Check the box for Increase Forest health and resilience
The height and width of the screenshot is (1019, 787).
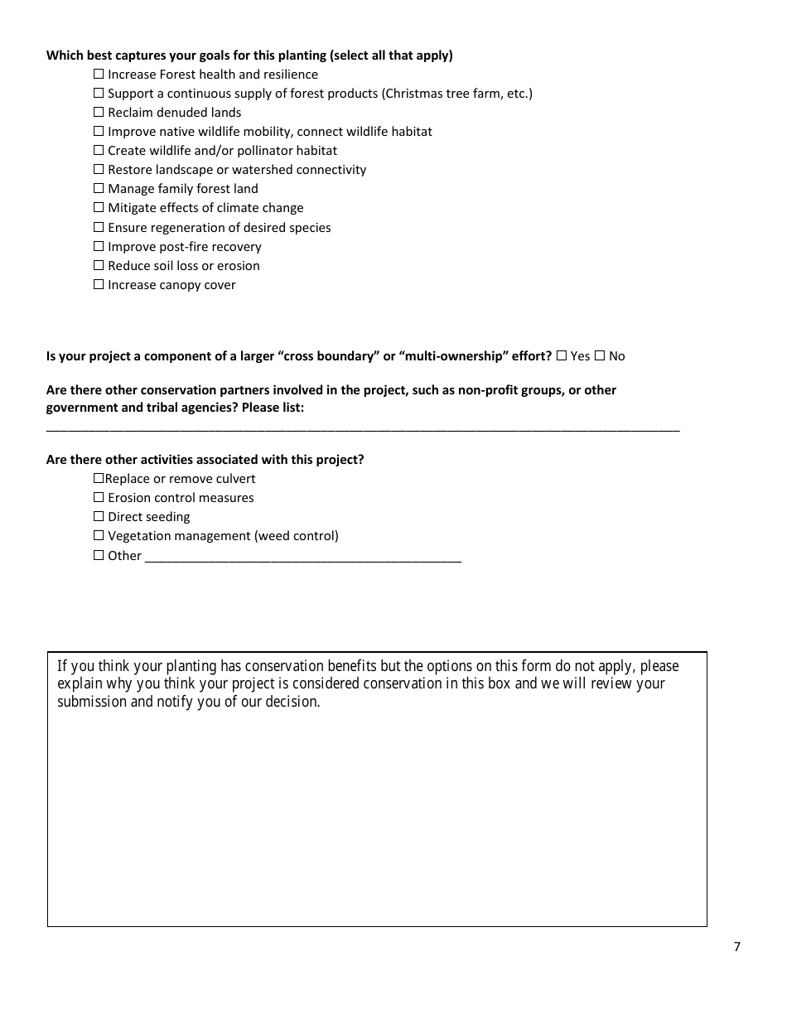click(99, 75)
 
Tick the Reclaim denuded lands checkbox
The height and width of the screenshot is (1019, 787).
click(99, 113)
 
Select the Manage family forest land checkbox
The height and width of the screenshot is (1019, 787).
click(99, 189)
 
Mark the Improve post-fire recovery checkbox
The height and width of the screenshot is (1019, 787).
click(99, 247)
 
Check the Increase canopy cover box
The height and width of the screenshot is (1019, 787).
click(99, 285)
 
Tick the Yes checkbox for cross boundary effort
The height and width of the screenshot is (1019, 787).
click(562, 356)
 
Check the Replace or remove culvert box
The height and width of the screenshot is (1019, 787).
click(99, 479)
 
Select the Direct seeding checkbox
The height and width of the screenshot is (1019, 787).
click(99, 517)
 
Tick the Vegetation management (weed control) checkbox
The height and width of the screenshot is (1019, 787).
click(99, 536)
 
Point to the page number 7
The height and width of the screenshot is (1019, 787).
click(736, 947)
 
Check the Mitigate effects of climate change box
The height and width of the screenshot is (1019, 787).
click(99, 208)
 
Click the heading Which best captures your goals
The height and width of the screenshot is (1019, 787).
click(249, 56)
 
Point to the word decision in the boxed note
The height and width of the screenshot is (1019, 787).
click(292, 702)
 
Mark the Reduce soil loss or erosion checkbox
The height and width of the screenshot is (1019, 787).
click(99, 266)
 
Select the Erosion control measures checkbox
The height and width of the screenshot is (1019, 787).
click(99, 498)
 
